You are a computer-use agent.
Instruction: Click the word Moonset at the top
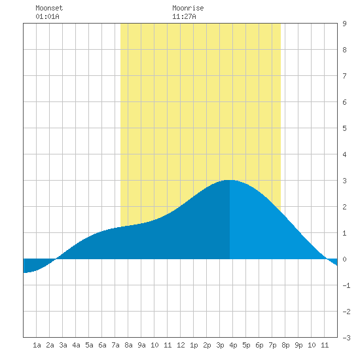click(49, 8)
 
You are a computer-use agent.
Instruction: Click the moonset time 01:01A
click(47, 16)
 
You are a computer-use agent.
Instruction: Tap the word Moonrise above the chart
click(188, 8)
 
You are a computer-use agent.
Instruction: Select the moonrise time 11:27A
click(184, 16)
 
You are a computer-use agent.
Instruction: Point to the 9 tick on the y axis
click(344, 24)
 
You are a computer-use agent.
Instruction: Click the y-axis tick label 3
click(344, 181)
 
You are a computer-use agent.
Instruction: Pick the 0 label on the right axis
click(344, 259)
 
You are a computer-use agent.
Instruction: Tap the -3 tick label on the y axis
click(346, 338)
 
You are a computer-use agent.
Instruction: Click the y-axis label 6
click(344, 102)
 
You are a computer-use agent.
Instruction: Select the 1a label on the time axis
click(37, 345)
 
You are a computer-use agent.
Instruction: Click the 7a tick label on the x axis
click(115, 345)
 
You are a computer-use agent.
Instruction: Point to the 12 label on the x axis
click(181, 345)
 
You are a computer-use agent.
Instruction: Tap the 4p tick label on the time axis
click(233, 345)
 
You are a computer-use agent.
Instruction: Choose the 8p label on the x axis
click(285, 345)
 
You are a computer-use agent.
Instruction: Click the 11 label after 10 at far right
click(325, 345)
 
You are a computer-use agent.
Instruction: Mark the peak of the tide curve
click(230, 180)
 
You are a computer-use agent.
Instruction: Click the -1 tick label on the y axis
click(346, 285)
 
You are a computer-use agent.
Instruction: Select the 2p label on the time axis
click(207, 345)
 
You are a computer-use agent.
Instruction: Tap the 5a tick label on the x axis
click(89, 345)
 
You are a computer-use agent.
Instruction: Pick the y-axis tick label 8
click(344, 50)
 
